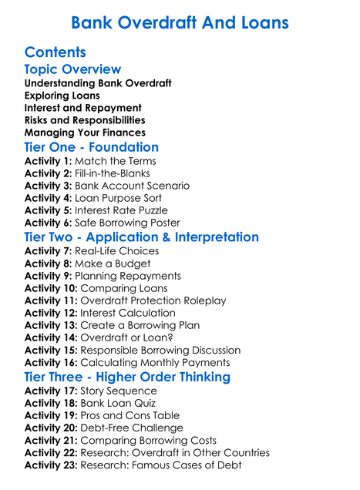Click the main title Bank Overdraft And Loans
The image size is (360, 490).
coord(180,22)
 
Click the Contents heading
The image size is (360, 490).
coord(55,52)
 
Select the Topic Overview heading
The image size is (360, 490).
coord(72,69)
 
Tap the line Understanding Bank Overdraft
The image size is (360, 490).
coord(98,82)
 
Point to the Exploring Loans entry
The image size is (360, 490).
coord(62,95)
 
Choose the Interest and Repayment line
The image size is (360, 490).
coord(82,107)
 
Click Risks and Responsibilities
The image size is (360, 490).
coord(85,119)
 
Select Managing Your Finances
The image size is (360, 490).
coord(80,132)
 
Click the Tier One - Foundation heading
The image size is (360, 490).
coord(92,147)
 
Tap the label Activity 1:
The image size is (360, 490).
coord(49,161)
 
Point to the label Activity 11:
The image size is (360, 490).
coord(52,300)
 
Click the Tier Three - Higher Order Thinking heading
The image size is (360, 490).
coord(127,377)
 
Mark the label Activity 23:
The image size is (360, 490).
coord(52,465)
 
